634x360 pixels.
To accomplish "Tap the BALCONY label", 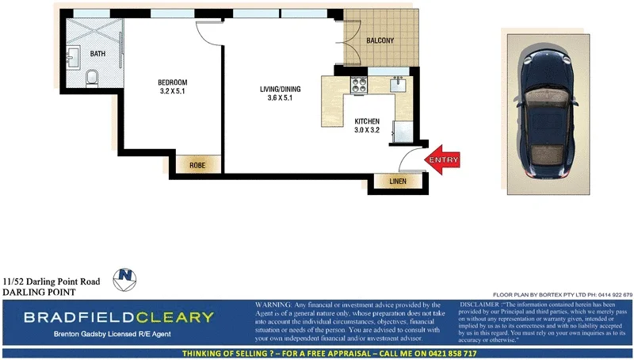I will [x=380, y=40].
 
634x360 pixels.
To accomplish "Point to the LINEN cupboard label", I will [x=398, y=182].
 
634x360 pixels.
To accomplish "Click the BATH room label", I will [x=97, y=54].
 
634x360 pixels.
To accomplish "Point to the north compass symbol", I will [x=124, y=278].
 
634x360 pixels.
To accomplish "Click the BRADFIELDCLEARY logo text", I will [x=119, y=318].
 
